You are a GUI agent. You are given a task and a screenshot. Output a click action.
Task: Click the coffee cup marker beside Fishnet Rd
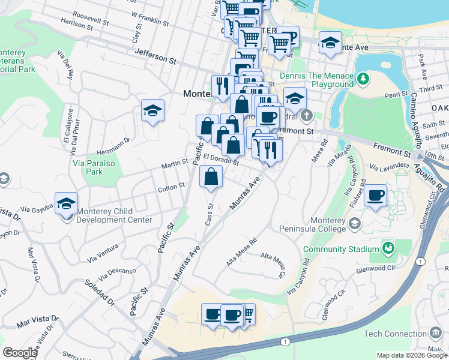(376, 196)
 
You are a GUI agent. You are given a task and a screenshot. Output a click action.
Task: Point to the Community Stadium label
(340, 249)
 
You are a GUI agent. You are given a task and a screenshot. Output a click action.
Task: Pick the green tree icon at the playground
(363, 79)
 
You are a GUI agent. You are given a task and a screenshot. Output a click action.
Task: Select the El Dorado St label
(221, 160)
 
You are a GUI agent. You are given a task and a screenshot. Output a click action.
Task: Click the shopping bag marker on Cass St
(211, 177)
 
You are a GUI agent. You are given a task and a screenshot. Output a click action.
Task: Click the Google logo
(20, 352)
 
